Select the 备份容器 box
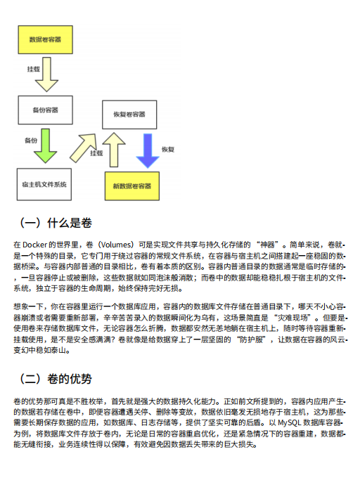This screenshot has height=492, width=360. (46, 110)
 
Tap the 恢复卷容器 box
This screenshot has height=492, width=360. (130, 114)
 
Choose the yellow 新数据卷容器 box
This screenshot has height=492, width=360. (132, 186)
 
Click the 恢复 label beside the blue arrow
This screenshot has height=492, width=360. (168, 150)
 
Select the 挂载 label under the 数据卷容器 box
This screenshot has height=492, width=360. (33, 70)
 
